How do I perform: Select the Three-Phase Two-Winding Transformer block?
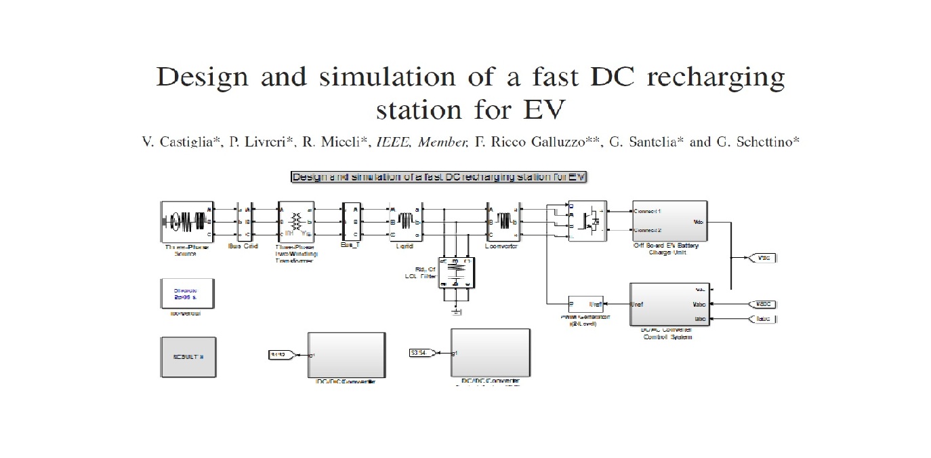click(x=296, y=221)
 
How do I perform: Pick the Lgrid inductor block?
click(x=405, y=221)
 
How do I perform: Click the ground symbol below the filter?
click(x=456, y=311)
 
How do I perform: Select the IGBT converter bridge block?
click(x=587, y=221)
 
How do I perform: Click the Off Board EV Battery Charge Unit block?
click(x=669, y=221)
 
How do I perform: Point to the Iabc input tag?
click(x=763, y=319)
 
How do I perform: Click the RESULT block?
click(x=188, y=356)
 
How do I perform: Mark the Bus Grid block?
click(x=244, y=221)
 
